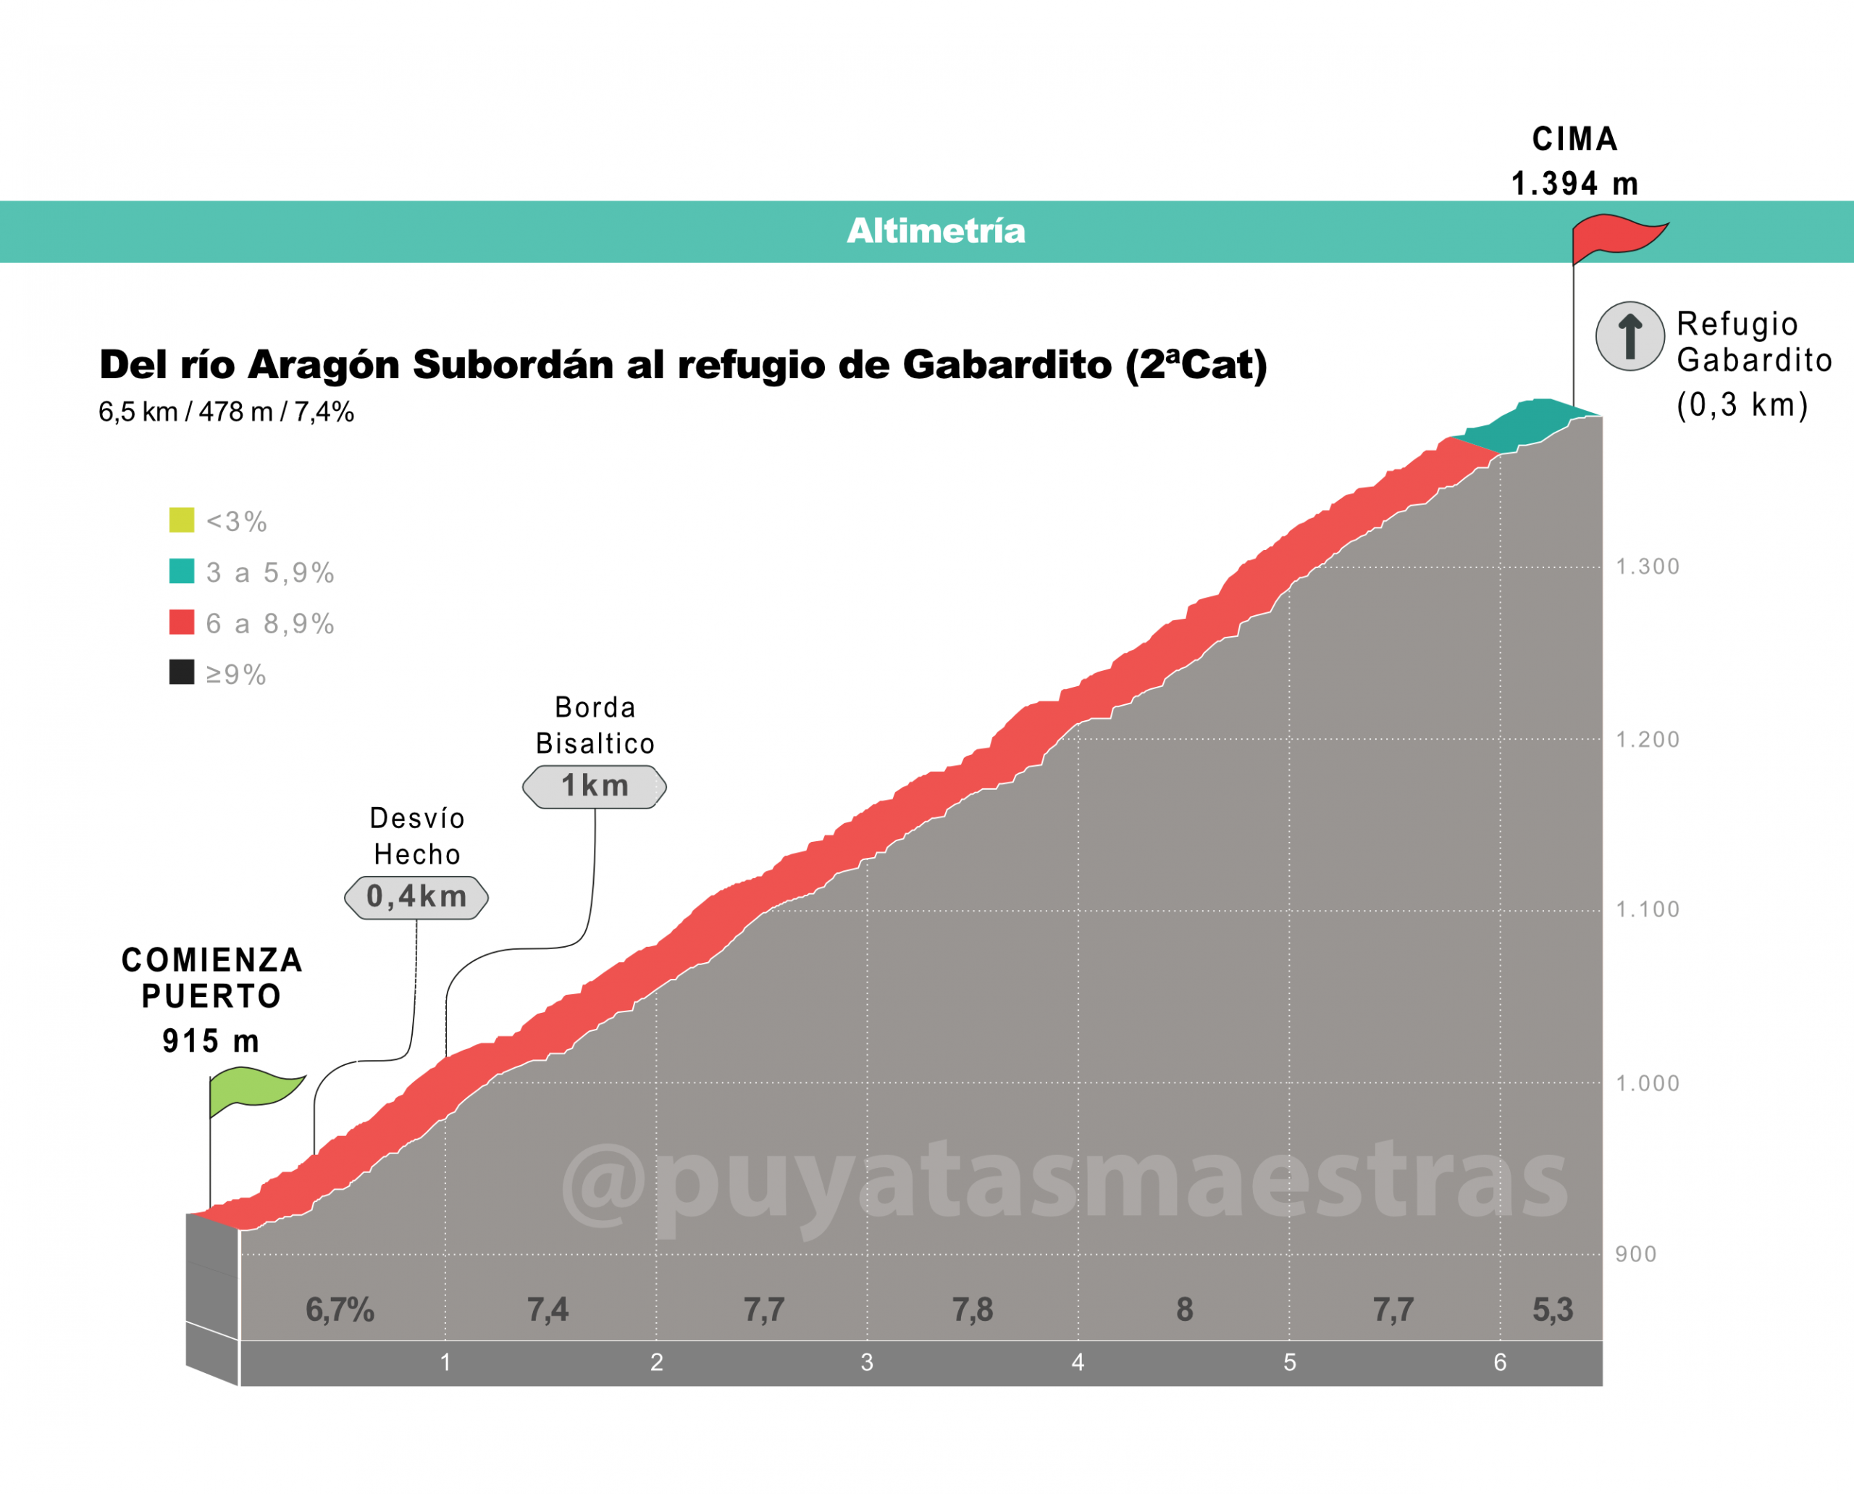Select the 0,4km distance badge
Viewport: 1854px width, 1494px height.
pyautogui.click(x=416, y=898)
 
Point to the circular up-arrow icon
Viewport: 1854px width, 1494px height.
pyautogui.click(x=1629, y=336)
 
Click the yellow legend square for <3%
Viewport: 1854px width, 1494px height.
pyautogui.click(x=182, y=519)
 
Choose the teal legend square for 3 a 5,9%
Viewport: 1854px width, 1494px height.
pyautogui.click(x=182, y=572)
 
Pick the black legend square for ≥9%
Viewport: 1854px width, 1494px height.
pyautogui.click(x=182, y=672)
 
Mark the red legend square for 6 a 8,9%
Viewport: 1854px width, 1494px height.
pyautogui.click(x=182, y=622)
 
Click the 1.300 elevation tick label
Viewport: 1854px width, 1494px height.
pyautogui.click(x=1648, y=567)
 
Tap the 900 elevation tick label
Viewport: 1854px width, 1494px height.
pyautogui.click(x=1635, y=1255)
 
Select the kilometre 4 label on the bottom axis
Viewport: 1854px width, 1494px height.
pyautogui.click(x=1078, y=1362)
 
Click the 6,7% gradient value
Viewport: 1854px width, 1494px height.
pyautogui.click(x=340, y=1310)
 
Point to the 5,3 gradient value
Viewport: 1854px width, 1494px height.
pyautogui.click(x=1552, y=1310)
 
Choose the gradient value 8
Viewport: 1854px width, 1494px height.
pyautogui.click(x=1185, y=1310)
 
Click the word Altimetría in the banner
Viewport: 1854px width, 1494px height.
pyautogui.click(x=936, y=230)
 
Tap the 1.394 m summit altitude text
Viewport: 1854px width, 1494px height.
pyautogui.click(x=1574, y=183)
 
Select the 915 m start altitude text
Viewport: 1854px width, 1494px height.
pyautogui.click(x=211, y=1041)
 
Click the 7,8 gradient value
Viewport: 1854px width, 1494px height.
pyautogui.click(x=972, y=1310)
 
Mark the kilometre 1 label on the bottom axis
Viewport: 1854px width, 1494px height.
pyautogui.click(x=445, y=1362)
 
